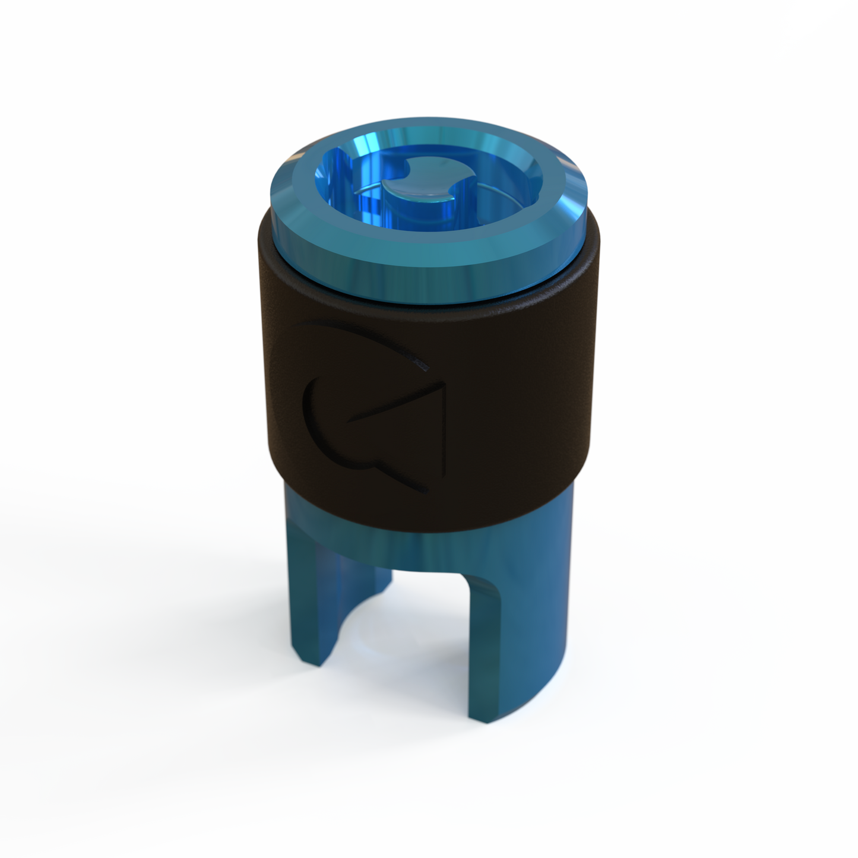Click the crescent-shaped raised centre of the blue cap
[423, 192]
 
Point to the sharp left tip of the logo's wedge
[350, 422]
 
